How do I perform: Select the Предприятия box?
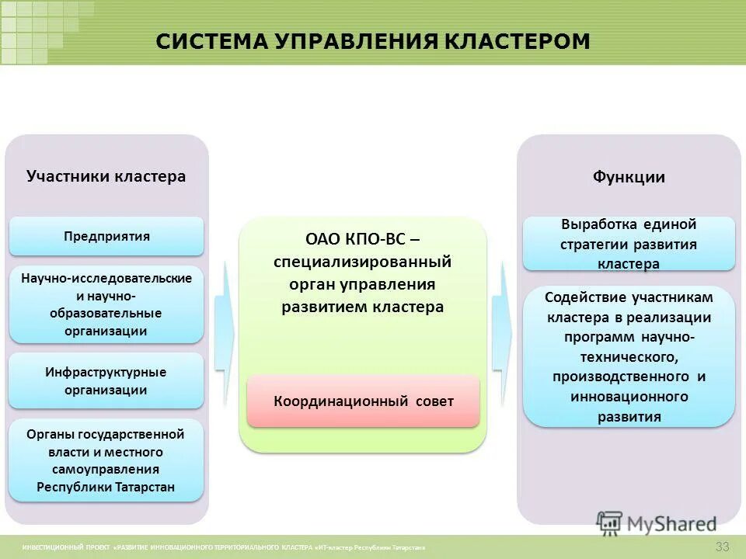point(106,236)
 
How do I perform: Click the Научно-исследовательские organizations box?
point(106,304)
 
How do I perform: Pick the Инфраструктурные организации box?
point(106,381)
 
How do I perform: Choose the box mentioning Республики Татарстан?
point(106,460)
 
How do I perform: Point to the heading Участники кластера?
point(106,176)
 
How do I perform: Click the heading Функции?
point(629,177)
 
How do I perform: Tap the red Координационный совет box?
point(363,401)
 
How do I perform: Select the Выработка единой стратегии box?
point(629,244)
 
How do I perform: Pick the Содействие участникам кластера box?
point(629,356)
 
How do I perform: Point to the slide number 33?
point(722,547)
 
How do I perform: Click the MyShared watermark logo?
point(657,523)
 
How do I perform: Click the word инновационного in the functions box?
point(629,397)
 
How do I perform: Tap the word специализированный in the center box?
point(362,261)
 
